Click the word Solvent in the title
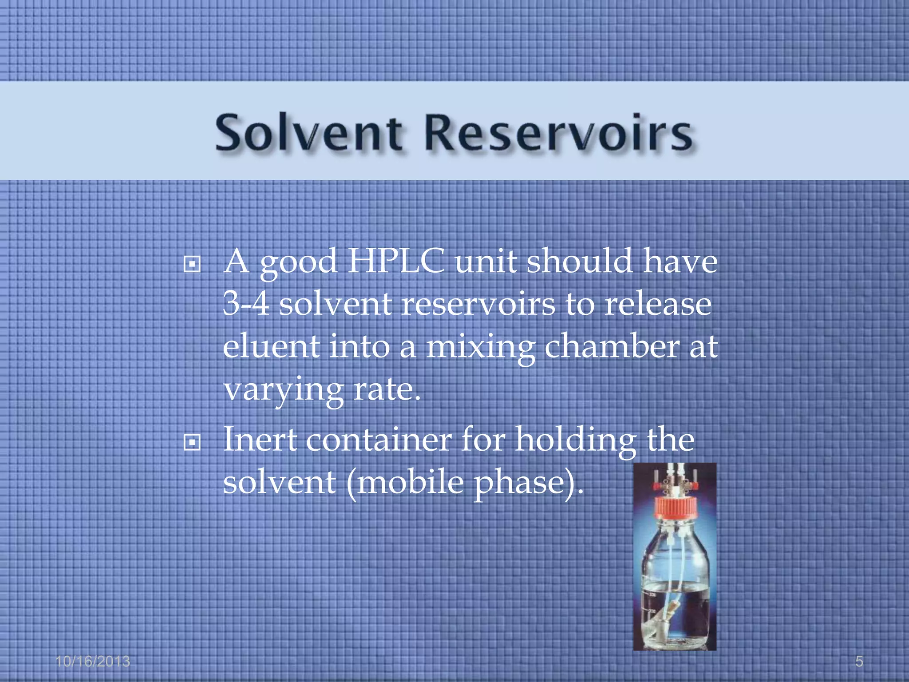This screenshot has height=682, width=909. (x=309, y=133)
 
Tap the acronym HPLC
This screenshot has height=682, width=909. (x=396, y=261)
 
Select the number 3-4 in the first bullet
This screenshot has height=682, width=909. (x=246, y=304)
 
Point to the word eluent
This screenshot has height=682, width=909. (x=271, y=347)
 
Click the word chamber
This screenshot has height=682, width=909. (x=612, y=347)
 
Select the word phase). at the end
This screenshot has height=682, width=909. (x=528, y=483)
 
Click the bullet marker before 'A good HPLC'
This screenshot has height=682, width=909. (x=192, y=265)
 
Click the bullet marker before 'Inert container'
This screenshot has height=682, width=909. (x=192, y=443)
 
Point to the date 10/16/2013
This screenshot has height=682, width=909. (x=93, y=662)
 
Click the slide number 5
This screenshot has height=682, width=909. (x=859, y=662)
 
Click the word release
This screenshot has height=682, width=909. (x=658, y=304)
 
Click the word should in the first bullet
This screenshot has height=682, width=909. (x=579, y=261)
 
